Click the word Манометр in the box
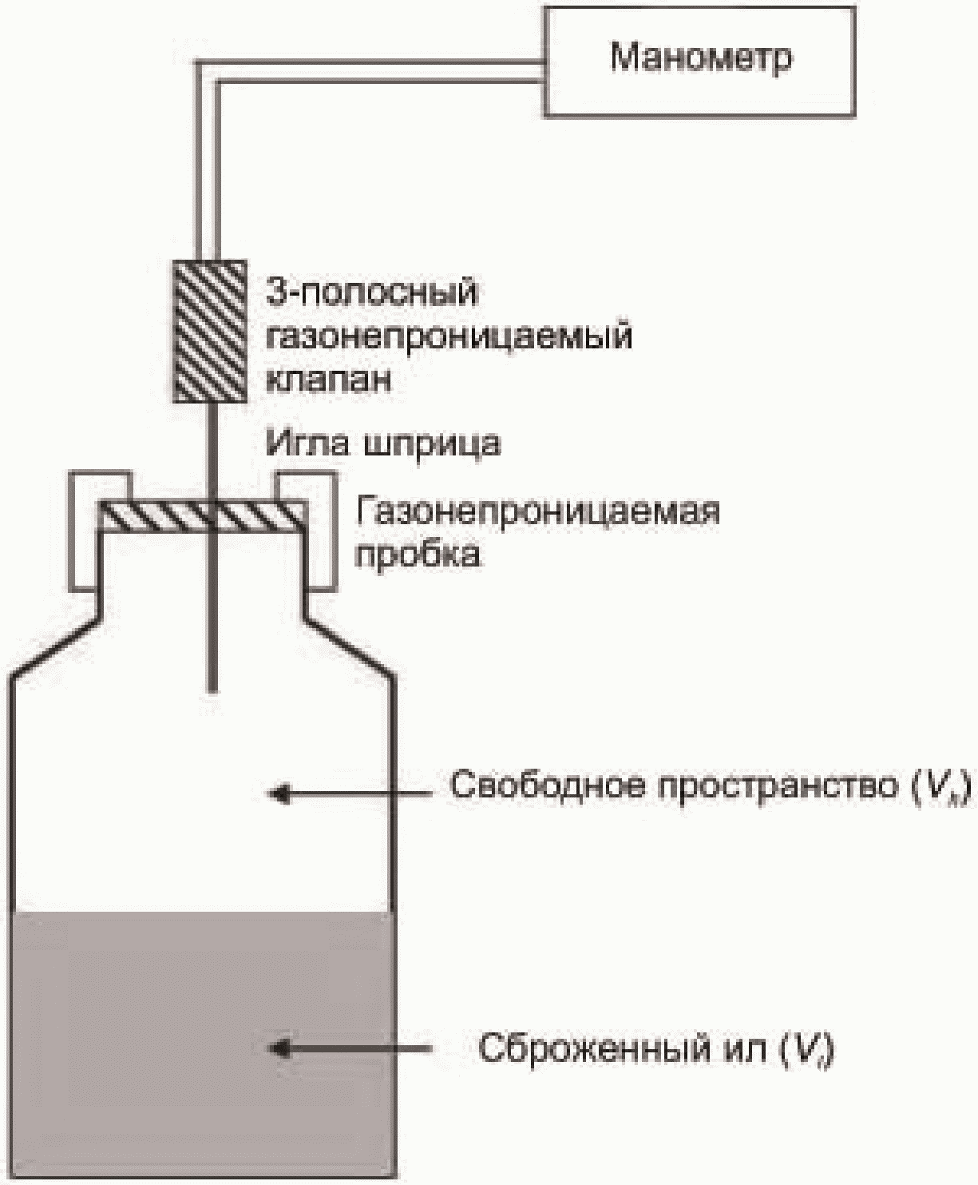click(701, 58)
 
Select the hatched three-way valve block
click(210, 331)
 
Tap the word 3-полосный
click(371, 292)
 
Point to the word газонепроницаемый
click(449, 336)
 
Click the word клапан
click(328, 378)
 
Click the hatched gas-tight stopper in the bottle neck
click(201, 516)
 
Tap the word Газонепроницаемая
click(537, 511)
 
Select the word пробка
click(418, 554)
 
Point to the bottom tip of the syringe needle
click(212, 687)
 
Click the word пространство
click(774, 787)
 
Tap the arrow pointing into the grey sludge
click(351, 1048)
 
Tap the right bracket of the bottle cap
click(321, 531)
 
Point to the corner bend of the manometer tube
click(204, 73)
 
